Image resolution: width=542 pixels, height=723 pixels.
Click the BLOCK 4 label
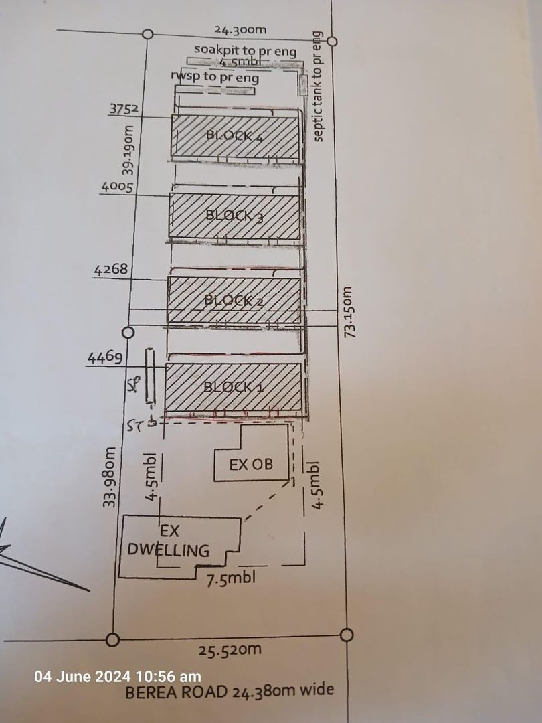(234, 136)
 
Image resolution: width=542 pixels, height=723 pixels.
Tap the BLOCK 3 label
(234, 215)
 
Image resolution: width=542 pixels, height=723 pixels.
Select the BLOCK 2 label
(234, 301)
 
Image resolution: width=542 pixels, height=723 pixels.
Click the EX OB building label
(251, 464)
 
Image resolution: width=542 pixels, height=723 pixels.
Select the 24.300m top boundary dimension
(241, 30)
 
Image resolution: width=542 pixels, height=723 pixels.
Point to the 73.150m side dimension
(349, 313)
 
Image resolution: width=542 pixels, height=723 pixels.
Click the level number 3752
(123, 109)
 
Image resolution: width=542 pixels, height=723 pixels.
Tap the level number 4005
(118, 187)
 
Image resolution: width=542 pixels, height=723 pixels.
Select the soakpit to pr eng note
(245, 51)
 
